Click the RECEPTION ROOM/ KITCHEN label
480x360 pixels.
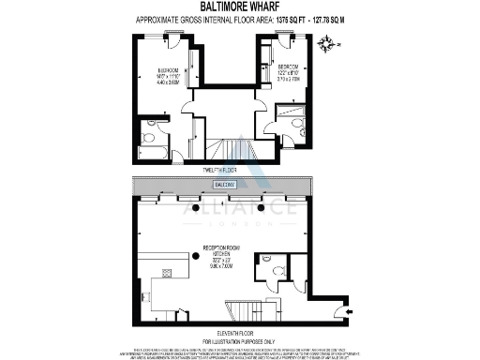pos(218,257)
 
